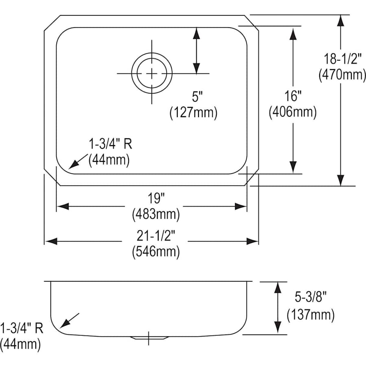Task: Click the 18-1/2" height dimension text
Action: (x=342, y=59)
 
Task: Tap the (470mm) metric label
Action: (x=342, y=75)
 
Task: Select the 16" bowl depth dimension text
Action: (x=293, y=96)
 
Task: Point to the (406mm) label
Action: (x=293, y=112)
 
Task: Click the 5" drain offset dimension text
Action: (x=197, y=96)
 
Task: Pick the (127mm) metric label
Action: (x=194, y=113)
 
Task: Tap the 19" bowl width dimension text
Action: (x=156, y=198)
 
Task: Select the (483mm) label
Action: (x=156, y=214)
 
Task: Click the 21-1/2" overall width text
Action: (x=156, y=235)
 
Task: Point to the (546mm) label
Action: (x=156, y=252)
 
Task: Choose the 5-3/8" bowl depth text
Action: (x=310, y=297)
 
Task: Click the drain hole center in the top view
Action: (x=152, y=74)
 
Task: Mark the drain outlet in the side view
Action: (x=149, y=338)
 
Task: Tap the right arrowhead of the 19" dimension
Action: (x=241, y=206)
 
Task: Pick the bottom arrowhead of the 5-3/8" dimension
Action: (x=277, y=327)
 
